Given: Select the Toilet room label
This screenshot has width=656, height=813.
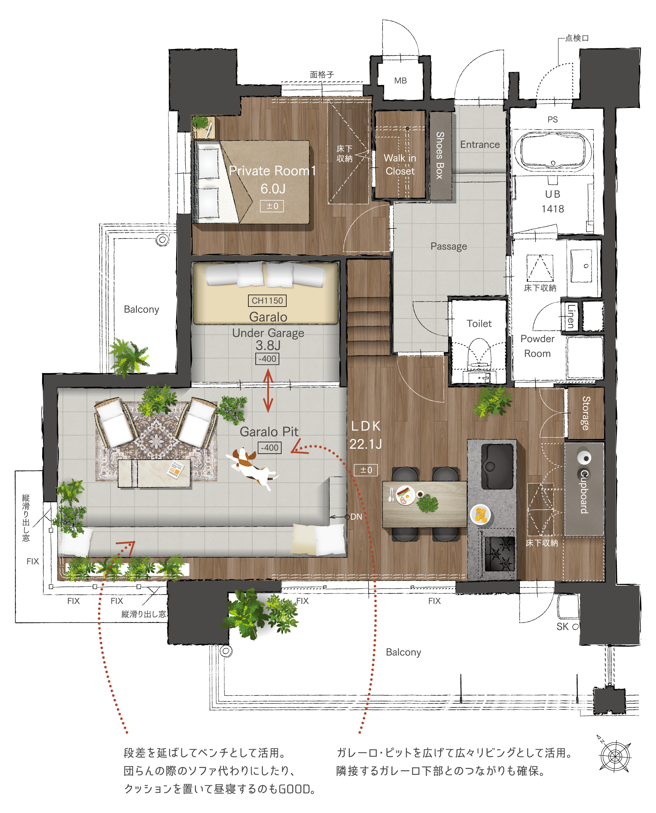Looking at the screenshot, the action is (x=479, y=324).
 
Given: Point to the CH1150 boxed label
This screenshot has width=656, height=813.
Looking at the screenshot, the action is (x=267, y=301).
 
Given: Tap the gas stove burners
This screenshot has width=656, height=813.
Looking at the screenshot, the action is (x=499, y=554).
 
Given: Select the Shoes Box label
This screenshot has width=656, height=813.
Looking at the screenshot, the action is (x=440, y=155).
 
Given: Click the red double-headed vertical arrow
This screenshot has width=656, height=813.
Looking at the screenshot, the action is (x=268, y=391).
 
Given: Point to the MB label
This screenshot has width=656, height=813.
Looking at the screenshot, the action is (x=400, y=81).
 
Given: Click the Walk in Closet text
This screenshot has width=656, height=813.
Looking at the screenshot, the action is (x=400, y=164).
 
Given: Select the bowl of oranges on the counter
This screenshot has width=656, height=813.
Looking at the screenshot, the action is (x=481, y=515).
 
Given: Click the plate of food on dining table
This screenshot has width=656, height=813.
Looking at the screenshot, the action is (x=405, y=495).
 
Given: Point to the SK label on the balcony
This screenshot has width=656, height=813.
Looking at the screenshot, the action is (x=563, y=627).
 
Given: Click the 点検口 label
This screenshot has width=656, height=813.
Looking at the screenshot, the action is (x=577, y=38).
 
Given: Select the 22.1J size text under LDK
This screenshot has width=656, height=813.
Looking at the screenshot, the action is (x=365, y=444).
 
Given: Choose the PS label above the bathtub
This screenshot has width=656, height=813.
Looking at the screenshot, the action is (x=553, y=120).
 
